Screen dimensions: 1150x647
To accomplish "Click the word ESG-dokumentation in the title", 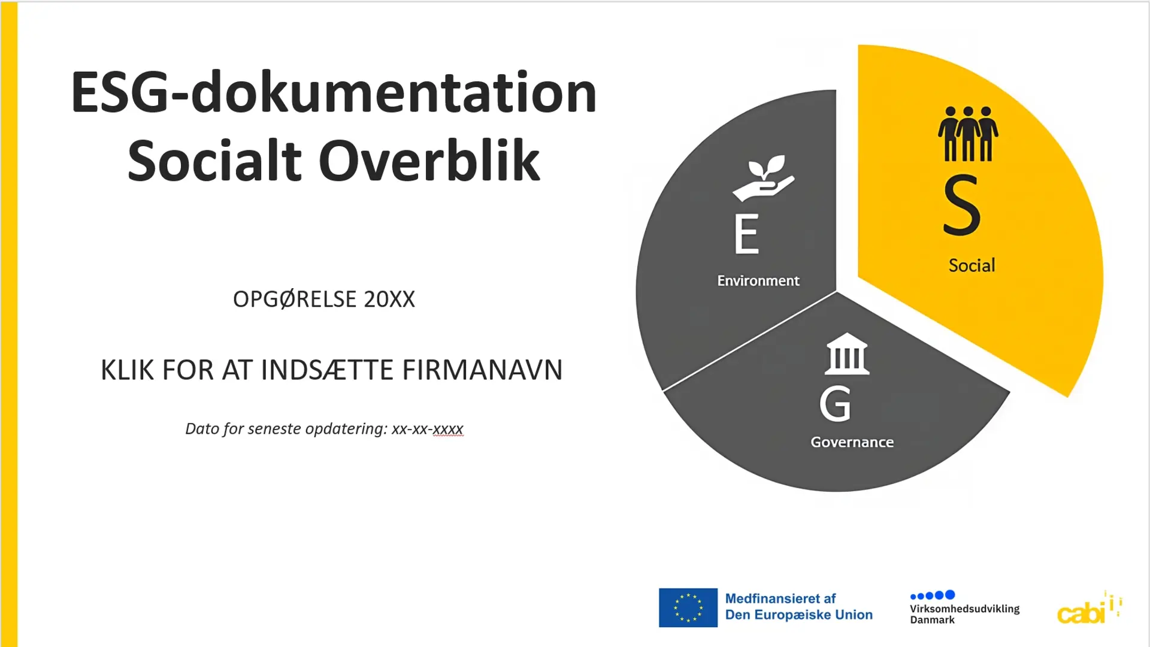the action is pyautogui.click(x=334, y=92).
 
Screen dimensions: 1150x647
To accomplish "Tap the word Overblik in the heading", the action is pyautogui.click(x=429, y=161).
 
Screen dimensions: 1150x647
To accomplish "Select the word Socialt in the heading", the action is pyautogui.click(x=214, y=161).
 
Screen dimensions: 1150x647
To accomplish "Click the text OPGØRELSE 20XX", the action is pyautogui.click(x=323, y=299).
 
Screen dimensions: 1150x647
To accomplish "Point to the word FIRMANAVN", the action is pyautogui.click(x=482, y=370).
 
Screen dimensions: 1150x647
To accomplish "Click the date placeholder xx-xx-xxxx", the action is pyautogui.click(x=428, y=429).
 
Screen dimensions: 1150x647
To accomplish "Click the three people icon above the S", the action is pyautogui.click(x=968, y=134).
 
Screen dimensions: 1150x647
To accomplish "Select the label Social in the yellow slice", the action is pyautogui.click(x=972, y=265).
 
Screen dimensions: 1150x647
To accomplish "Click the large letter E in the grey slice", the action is pyautogui.click(x=747, y=234).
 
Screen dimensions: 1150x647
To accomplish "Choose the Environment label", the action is pyautogui.click(x=758, y=281).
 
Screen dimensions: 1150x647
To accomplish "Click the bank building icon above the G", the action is pyautogui.click(x=847, y=353).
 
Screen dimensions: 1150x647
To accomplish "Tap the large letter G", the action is pyautogui.click(x=835, y=404).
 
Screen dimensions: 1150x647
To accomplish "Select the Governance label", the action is pyautogui.click(x=852, y=442).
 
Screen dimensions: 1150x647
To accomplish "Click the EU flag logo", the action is pyautogui.click(x=688, y=607).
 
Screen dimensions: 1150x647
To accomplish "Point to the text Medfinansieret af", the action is pyautogui.click(x=780, y=598).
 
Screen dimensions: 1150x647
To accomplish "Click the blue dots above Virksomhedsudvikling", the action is pyautogui.click(x=933, y=595).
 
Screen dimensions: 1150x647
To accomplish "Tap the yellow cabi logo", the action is pyautogui.click(x=1090, y=607).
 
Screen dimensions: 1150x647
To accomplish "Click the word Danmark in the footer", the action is pyautogui.click(x=933, y=620).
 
